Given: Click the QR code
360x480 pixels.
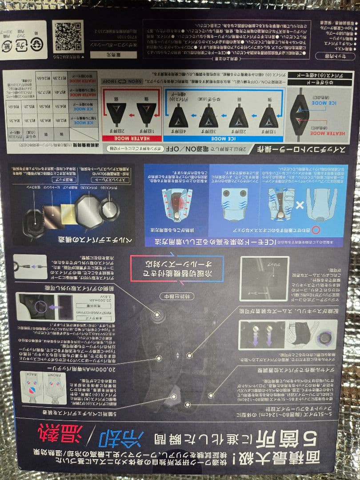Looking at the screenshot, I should (68, 35).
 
